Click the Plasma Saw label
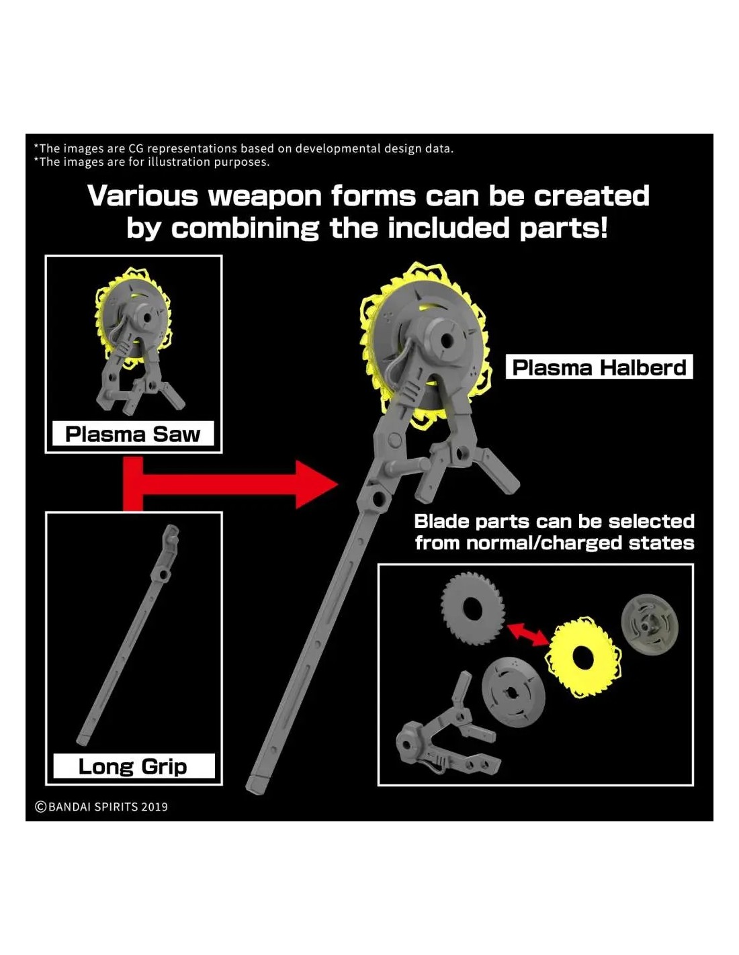point(133,434)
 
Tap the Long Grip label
point(133,766)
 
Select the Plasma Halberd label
point(599,367)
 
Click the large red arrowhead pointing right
point(316,484)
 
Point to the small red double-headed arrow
point(527,633)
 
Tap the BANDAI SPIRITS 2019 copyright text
point(101,807)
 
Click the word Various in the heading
point(142,196)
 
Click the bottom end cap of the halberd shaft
point(257,784)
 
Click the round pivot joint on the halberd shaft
point(376,498)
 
